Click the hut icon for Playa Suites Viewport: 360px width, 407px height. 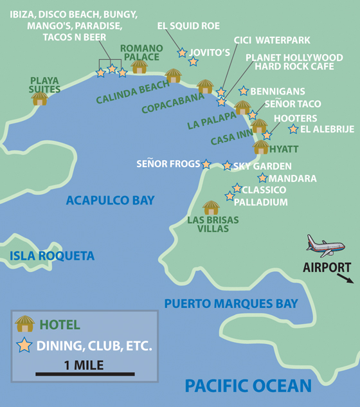pyautogui.click(x=40, y=98)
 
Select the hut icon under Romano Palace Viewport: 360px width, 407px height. pyautogui.click(x=139, y=66)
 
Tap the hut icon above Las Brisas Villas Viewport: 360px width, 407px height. pyautogui.click(x=211, y=208)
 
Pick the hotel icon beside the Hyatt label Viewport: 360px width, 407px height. pyautogui.click(x=261, y=147)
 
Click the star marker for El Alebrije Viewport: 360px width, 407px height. pyautogui.click(x=293, y=129)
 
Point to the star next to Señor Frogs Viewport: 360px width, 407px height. pyautogui.click(x=206, y=164)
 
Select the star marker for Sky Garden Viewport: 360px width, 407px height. pyautogui.click(x=227, y=166)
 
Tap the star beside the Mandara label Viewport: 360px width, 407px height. pyautogui.click(x=262, y=177)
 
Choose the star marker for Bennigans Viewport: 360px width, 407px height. pyautogui.click(x=243, y=91)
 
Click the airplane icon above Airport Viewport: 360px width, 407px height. pyautogui.click(x=325, y=245)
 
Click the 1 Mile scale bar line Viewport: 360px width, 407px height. pyautogui.click(x=85, y=374)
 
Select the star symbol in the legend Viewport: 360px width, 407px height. pyautogui.click(x=24, y=345)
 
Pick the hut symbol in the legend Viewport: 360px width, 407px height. pyautogui.click(x=25, y=323)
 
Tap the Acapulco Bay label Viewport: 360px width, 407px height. pyautogui.click(x=110, y=201)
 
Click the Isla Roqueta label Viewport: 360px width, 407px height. pyautogui.click(x=52, y=256)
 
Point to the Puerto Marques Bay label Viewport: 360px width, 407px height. pyautogui.click(x=231, y=303)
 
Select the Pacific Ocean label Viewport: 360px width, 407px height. pyautogui.click(x=248, y=386)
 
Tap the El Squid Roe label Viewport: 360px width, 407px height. pyautogui.click(x=188, y=26)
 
